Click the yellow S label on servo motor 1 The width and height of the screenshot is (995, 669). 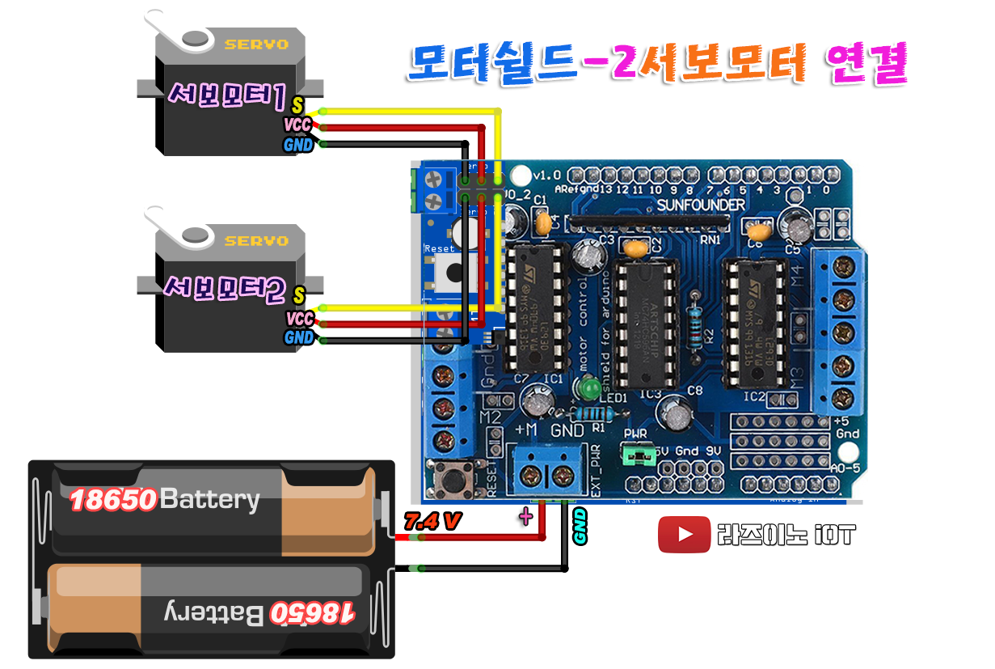(297, 105)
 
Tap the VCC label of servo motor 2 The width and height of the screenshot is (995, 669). (299, 320)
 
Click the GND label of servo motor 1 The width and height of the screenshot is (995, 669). (298, 146)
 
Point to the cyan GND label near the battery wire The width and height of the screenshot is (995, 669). (580, 527)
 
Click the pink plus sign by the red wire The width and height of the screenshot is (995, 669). (526, 517)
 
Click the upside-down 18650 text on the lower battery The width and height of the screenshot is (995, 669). (313, 612)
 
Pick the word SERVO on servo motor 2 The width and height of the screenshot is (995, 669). (256, 241)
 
